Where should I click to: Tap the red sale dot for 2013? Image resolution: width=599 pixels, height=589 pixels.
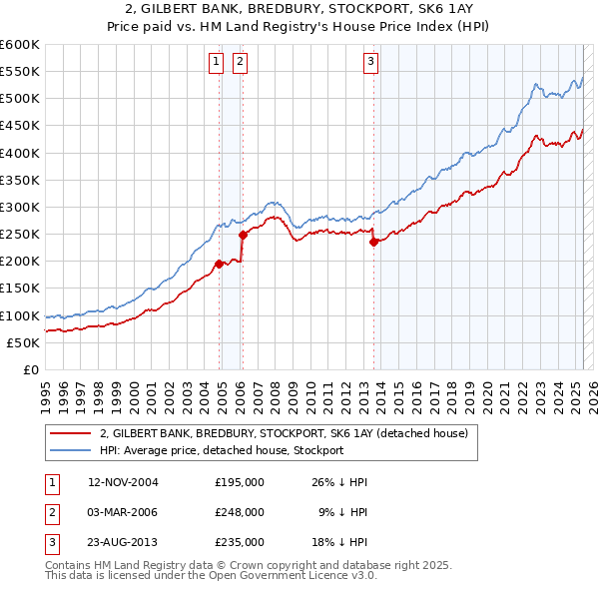click(373, 242)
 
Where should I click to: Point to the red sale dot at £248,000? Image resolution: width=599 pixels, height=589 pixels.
click(243, 235)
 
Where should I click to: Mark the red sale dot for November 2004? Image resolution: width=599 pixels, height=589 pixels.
click(220, 264)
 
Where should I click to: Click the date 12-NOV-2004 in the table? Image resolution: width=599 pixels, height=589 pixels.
click(124, 482)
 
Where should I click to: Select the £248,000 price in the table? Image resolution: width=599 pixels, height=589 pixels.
click(240, 512)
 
